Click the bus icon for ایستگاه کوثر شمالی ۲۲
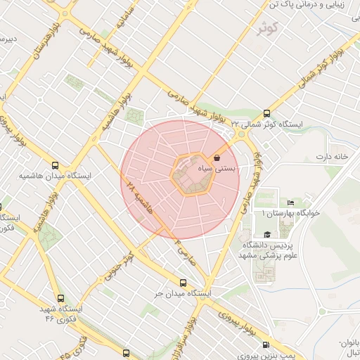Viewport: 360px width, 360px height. coord(266,112)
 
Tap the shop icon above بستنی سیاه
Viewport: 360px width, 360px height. coord(216,158)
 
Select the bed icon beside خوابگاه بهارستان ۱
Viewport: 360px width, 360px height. coord(291,202)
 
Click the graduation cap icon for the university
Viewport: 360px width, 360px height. coord(266,235)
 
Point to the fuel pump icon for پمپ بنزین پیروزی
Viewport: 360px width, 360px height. coord(265,345)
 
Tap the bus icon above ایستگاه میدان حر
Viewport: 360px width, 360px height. coord(183,283)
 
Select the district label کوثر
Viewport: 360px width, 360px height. coord(268,28)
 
